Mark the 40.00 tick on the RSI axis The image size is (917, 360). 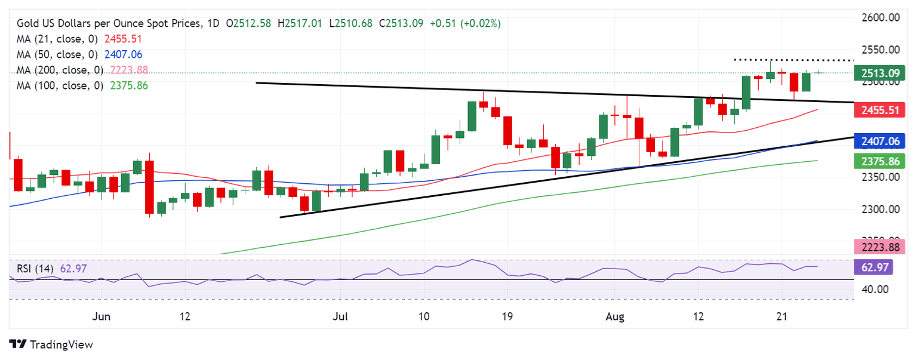[875, 290]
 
